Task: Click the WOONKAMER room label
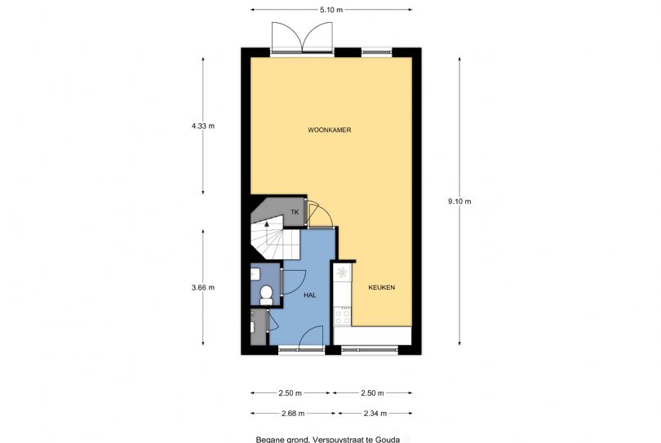(330, 131)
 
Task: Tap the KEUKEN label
(382, 288)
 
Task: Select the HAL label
(309, 295)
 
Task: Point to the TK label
(294, 213)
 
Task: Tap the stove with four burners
(342, 315)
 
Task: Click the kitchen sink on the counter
(342, 272)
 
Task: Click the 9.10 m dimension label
(461, 201)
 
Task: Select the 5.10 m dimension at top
(331, 10)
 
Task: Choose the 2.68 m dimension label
(291, 413)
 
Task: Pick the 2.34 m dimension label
(375, 413)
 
